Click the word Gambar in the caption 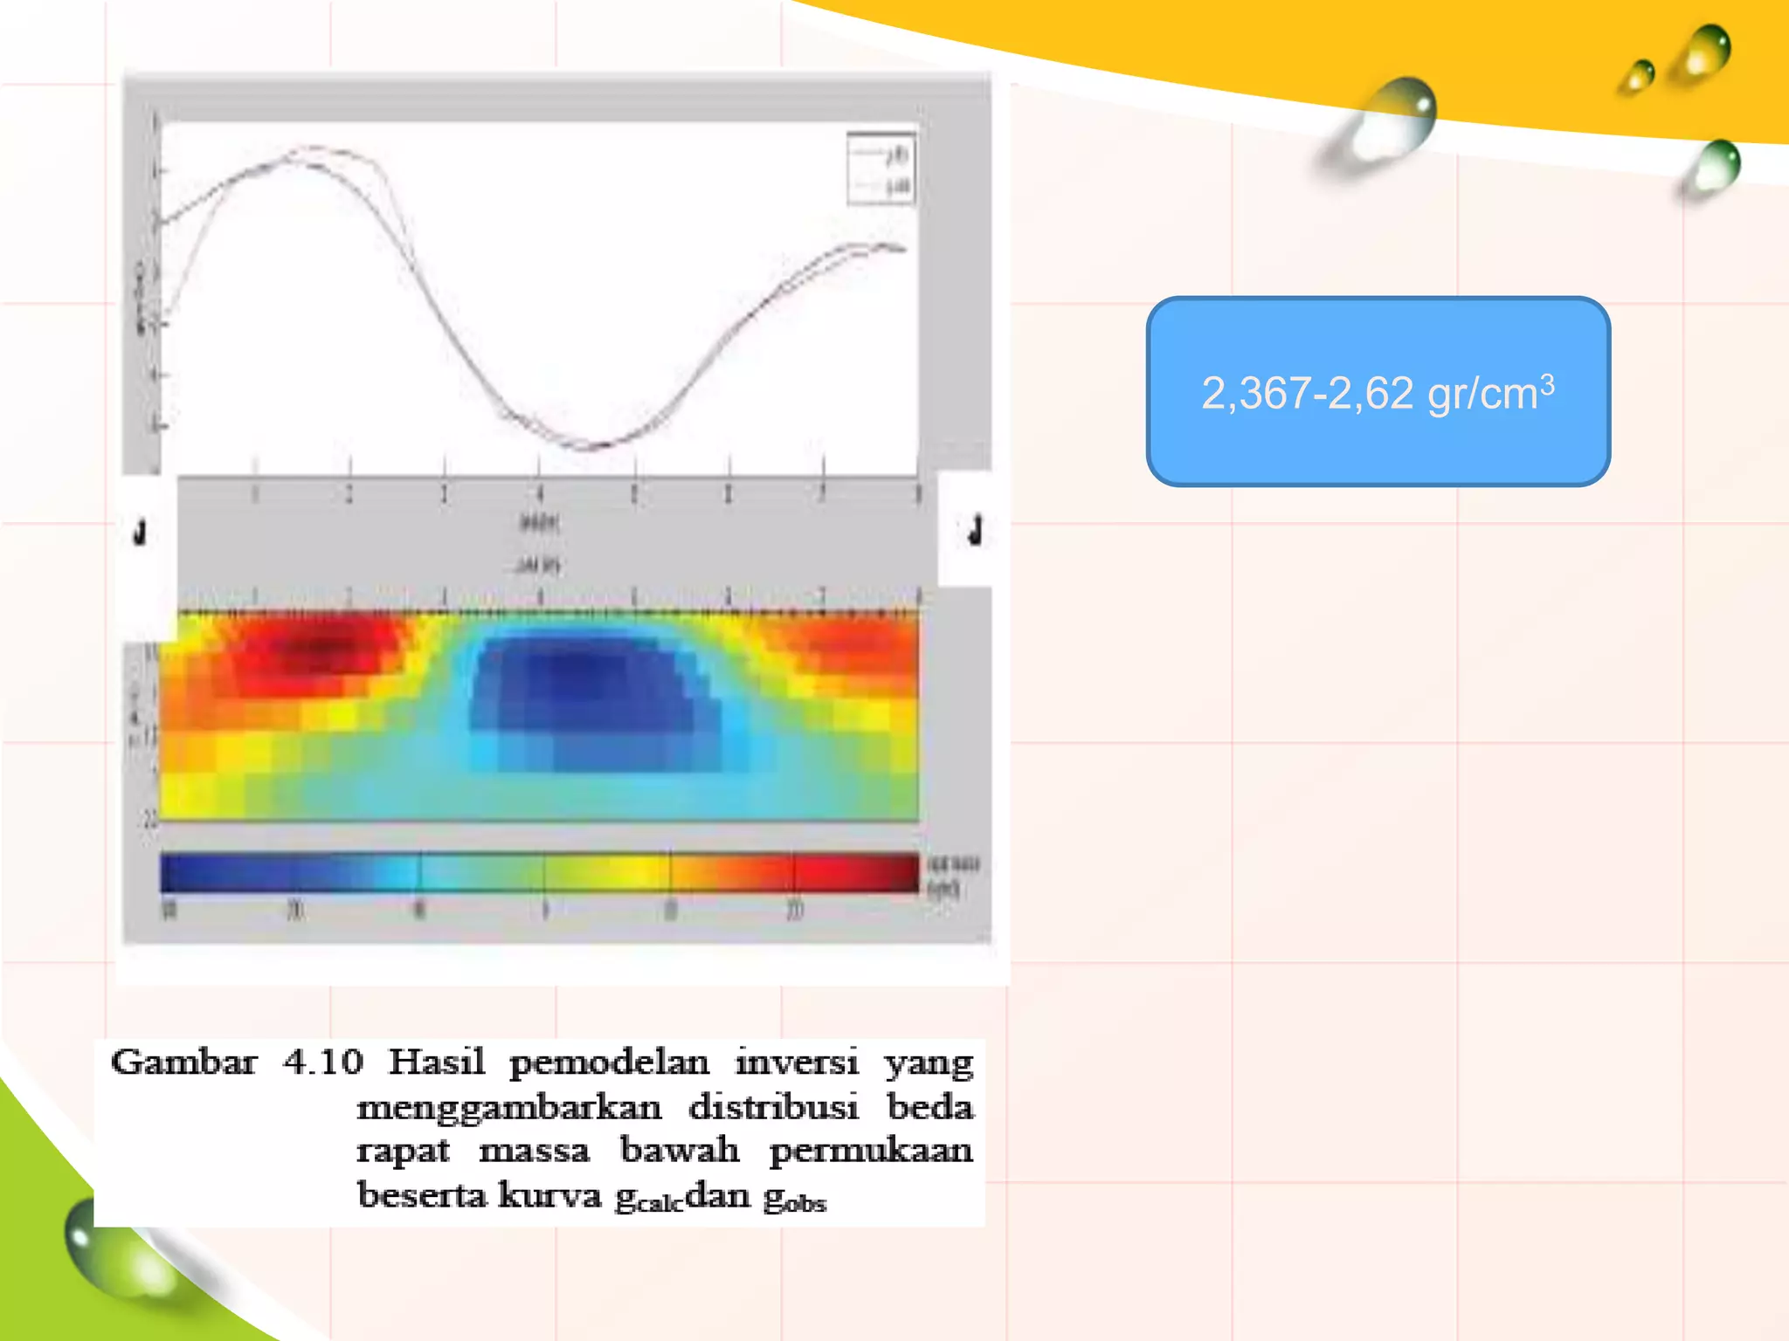[183, 1062]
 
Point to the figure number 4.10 [322, 1062]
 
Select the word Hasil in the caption [436, 1062]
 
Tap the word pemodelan [609, 1063]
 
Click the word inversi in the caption [797, 1062]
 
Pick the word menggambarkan [509, 1108]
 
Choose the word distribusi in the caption [773, 1107]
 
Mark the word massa [535, 1151]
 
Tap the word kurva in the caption [549, 1195]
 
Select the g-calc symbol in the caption [648, 1199]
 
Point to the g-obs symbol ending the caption [794, 1199]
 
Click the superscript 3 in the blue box [1547, 382]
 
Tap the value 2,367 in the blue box [1255, 394]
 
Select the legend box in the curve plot [881, 169]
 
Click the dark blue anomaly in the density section [577, 677]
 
